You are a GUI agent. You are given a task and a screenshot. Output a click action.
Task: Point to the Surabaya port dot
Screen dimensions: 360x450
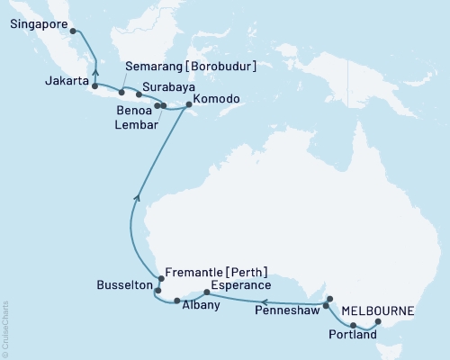point(138,94)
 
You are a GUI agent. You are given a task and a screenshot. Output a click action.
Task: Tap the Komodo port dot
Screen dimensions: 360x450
point(188,105)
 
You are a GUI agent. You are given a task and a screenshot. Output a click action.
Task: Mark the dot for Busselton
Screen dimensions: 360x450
point(157,291)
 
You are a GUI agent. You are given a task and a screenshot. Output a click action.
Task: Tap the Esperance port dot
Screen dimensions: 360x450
point(208,292)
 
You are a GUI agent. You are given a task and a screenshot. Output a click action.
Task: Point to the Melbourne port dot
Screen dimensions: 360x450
point(378,321)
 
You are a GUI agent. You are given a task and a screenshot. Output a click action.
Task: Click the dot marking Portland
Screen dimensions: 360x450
point(353,325)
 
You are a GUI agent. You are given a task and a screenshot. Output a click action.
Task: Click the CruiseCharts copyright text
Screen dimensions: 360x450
point(5,329)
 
